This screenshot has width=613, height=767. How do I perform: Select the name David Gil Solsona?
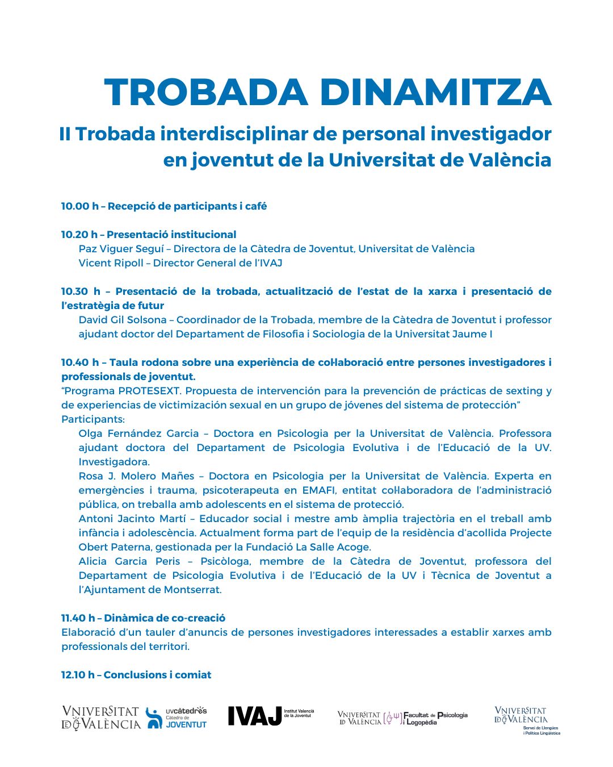coord(123,320)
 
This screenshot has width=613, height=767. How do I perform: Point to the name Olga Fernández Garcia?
coord(138,433)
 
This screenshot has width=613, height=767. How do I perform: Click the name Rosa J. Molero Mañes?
coord(136,476)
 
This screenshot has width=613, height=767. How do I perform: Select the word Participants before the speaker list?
coord(92,419)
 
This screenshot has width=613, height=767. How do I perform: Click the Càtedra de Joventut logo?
coord(177,718)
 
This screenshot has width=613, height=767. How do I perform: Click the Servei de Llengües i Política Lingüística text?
coord(541,731)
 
